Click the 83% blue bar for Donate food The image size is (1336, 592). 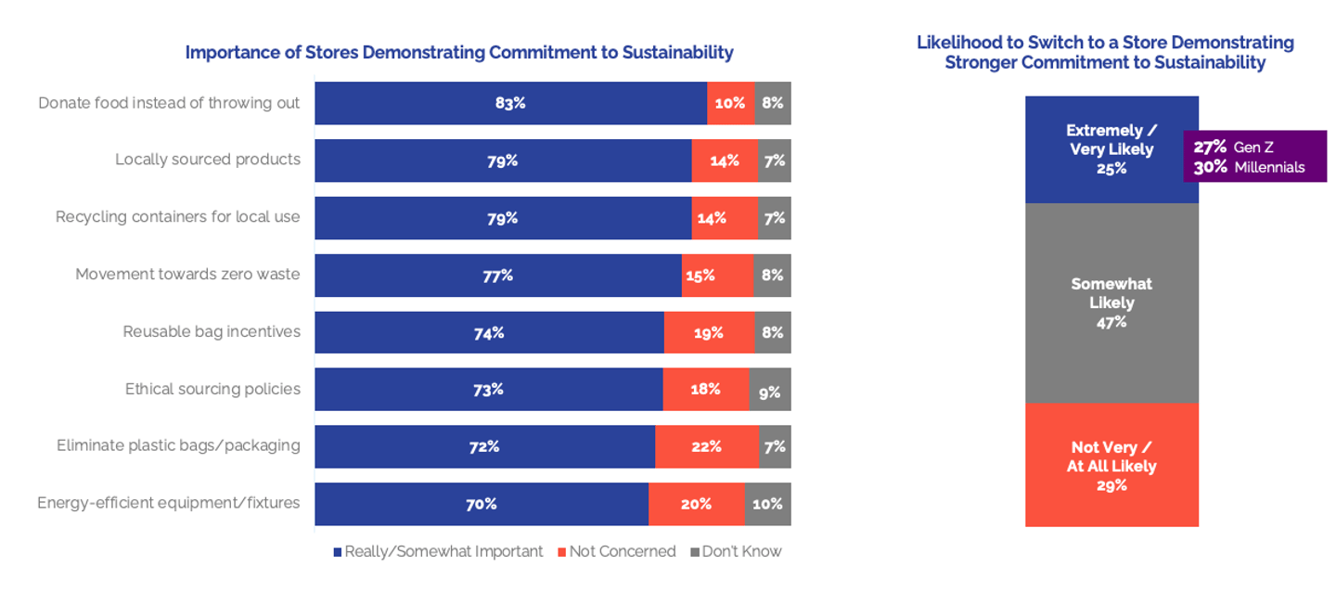pyautogui.click(x=510, y=103)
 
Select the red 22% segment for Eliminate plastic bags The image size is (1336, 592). pyautogui.click(x=706, y=447)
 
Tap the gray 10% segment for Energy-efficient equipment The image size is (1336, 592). pyautogui.click(x=767, y=505)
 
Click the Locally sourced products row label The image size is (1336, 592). pyautogui.click(x=208, y=160)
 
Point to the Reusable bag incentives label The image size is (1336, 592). pyautogui.click(x=212, y=332)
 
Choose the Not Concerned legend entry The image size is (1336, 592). pyautogui.click(x=617, y=552)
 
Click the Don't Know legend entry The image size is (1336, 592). pyautogui.click(x=737, y=552)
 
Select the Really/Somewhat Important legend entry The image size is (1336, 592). pyautogui.click(x=438, y=552)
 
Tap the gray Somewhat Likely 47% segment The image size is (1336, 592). pyautogui.click(x=1111, y=302)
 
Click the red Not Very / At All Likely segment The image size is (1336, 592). pyautogui.click(x=1111, y=466)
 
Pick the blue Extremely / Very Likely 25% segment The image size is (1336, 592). pyautogui.click(x=1111, y=149)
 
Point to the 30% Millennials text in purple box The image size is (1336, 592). pyautogui.click(x=1249, y=168)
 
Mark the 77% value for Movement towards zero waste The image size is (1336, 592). pyautogui.click(x=498, y=276)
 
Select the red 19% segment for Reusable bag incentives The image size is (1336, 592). pyautogui.click(x=709, y=333)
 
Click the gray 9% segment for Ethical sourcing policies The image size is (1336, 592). pyautogui.click(x=769, y=391)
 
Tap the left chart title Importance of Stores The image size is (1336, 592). pyautogui.click(x=459, y=53)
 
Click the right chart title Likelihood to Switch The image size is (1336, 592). pyautogui.click(x=1105, y=53)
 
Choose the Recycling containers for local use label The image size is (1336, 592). pyautogui.click(x=178, y=217)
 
